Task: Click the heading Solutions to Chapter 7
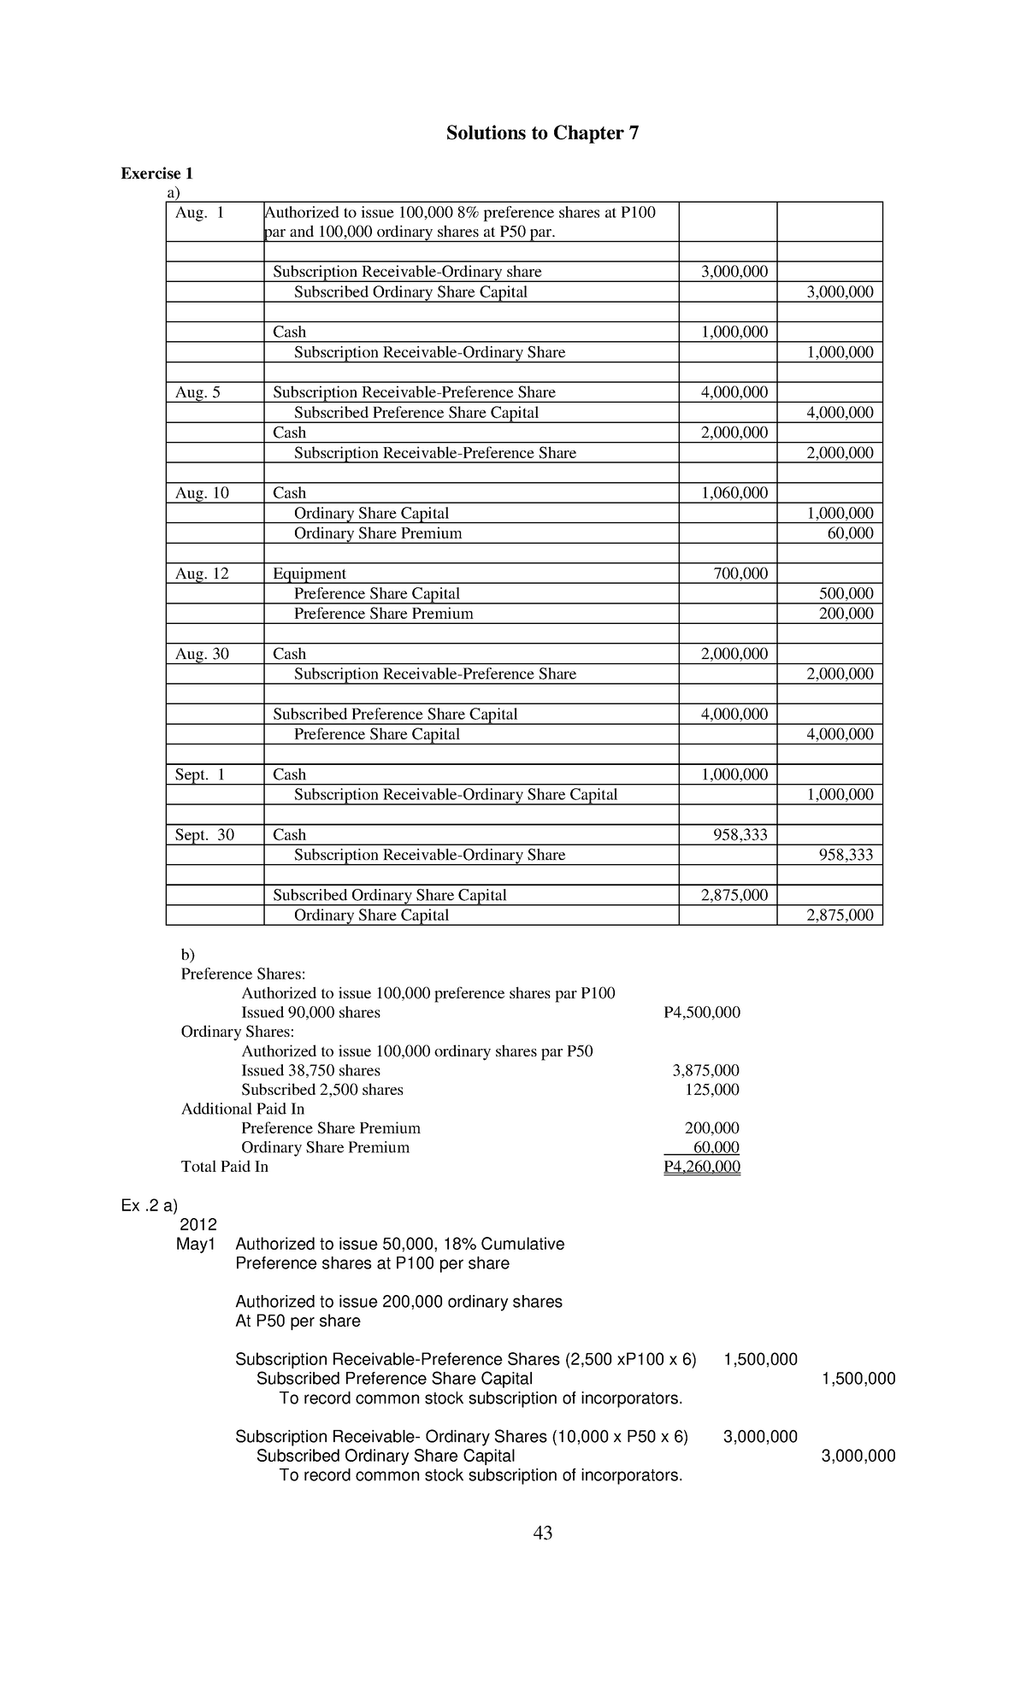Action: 542,133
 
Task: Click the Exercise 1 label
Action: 156,174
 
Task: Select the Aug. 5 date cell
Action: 198,392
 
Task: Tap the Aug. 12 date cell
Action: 202,574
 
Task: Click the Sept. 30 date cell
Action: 204,835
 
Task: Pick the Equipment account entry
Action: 310,574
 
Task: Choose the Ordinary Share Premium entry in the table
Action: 378,533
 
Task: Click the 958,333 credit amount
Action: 846,856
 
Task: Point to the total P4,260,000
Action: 702,1168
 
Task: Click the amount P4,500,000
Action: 702,1013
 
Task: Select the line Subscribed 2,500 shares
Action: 322,1090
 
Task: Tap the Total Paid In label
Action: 225,1167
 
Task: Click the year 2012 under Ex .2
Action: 198,1225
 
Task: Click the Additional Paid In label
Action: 243,1109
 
